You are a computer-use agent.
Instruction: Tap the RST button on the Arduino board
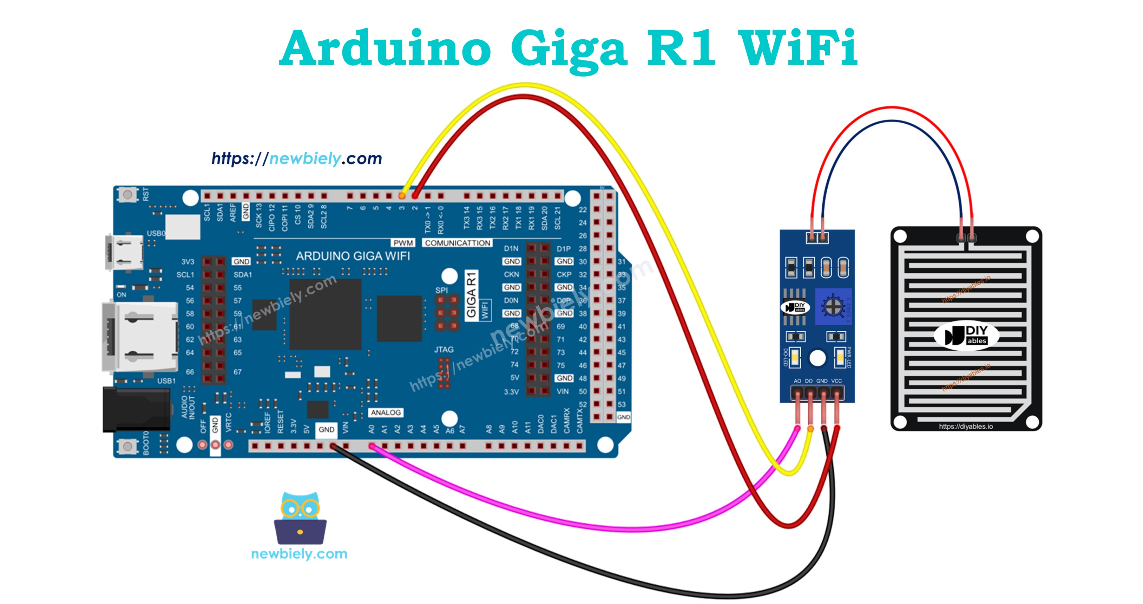(128, 195)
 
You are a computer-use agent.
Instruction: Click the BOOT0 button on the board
(128, 446)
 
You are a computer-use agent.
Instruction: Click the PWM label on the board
(403, 243)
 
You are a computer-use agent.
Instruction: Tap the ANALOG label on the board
(386, 413)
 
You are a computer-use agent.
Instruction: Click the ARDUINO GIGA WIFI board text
(353, 256)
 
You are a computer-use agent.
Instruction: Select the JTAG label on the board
(444, 350)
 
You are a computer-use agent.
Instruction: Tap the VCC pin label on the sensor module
(836, 381)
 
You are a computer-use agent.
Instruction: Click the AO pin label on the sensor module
(797, 381)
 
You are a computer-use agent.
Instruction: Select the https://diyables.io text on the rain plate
(966, 426)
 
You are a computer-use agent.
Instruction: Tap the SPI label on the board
(441, 290)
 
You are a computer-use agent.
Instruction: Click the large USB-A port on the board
(140, 337)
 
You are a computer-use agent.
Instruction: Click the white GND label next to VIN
(326, 429)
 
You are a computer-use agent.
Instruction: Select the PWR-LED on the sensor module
(840, 357)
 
